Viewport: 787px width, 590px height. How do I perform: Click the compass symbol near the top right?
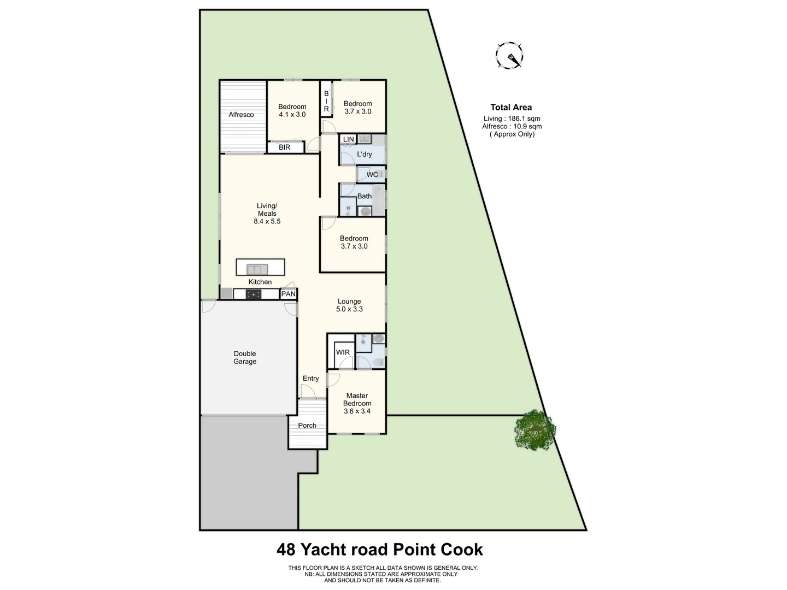pos(509,56)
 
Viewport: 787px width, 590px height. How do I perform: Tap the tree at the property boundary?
pos(535,429)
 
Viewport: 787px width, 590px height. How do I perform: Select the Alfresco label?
pos(241,115)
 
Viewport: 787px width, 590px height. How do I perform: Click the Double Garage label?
pos(245,357)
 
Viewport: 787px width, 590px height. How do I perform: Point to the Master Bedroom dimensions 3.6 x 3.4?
pos(357,411)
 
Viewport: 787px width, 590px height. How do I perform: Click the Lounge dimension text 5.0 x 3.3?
pos(349,309)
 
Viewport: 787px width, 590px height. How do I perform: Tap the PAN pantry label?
pos(288,294)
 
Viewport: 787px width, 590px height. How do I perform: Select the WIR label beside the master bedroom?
pos(343,352)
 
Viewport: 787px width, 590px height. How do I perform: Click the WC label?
pos(372,175)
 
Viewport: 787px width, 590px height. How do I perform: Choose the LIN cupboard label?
pos(348,140)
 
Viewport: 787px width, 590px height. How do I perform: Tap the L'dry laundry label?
pos(365,155)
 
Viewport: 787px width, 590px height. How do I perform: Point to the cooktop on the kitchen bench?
pos(254,294)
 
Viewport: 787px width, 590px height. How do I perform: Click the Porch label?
pos(307,426)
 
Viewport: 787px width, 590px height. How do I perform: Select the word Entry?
pos(310,379)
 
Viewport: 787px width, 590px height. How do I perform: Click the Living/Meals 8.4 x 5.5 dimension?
pos(267,222)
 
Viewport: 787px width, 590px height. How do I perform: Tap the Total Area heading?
pos(511,108)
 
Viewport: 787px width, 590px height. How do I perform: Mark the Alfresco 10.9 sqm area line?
pos(512,126)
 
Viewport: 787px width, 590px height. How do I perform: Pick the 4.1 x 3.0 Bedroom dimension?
pos(292,115)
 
